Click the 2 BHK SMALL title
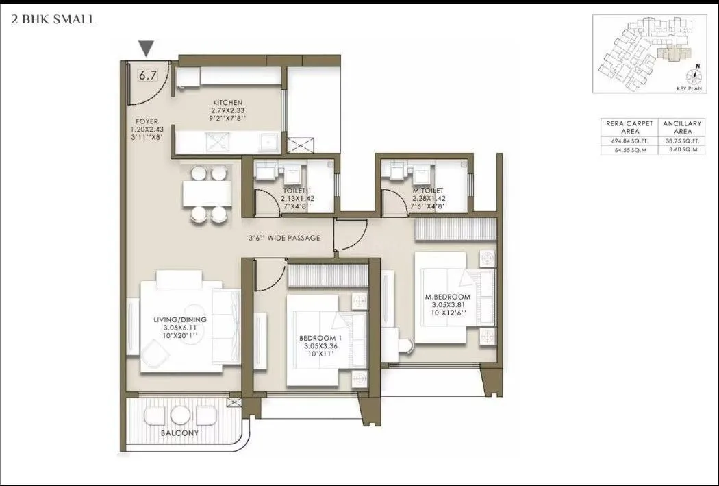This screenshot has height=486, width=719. click(x=53, y=19)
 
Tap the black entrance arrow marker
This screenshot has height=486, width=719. click(x=146, y=49)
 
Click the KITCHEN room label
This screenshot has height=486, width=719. click(x=228, y=103)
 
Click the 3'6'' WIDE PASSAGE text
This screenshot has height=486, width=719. click(x=284, y=239)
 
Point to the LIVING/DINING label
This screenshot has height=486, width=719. click(x=180, y=319)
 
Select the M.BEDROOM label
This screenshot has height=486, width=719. click(x=447, y=297)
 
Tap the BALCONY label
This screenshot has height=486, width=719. click(x=180, y=433)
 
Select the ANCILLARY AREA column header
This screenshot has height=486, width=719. click(x=682, y=127)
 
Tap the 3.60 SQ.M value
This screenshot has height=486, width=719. click(x=682, y=149)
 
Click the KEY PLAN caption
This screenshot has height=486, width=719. click(x=687, y=88)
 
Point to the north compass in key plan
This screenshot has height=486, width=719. click(x=696, y=75)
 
